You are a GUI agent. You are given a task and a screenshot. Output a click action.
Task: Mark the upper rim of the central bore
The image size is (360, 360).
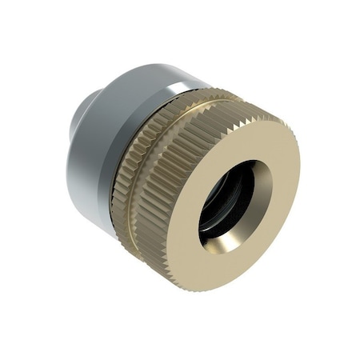point(244,163)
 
